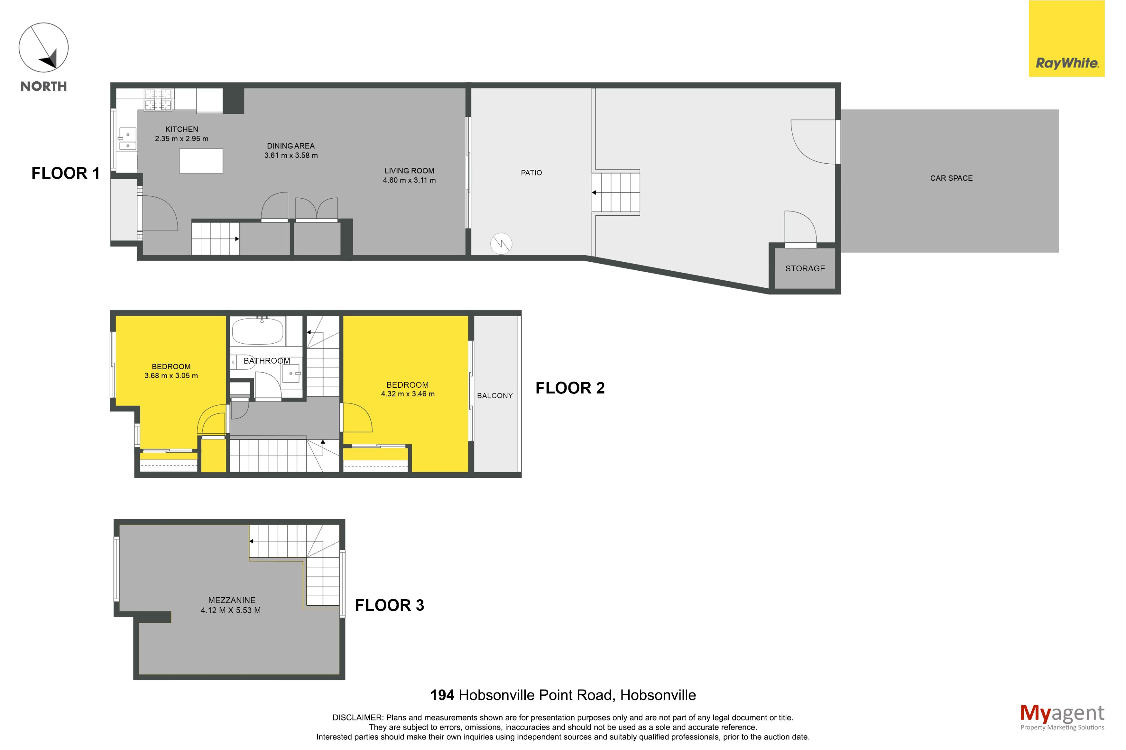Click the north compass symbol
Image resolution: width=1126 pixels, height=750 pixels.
43,47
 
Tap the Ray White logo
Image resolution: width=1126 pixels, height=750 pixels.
1067,39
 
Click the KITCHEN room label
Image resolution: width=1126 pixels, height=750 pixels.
181,129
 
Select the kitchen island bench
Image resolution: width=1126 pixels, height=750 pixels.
201,161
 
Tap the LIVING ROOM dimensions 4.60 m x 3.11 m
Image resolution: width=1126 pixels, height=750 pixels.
409,180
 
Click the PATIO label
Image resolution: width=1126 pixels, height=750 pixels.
531,173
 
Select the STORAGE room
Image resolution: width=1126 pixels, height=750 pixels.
805,268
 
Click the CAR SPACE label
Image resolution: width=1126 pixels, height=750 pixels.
951,178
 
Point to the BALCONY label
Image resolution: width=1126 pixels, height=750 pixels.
495,395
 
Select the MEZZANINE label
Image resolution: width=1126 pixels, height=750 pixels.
232,600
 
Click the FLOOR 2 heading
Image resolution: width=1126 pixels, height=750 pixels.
570,388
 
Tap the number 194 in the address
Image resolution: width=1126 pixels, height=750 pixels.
442,695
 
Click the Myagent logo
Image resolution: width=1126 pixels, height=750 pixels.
1062,717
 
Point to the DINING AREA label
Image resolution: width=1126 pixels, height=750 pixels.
291,146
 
